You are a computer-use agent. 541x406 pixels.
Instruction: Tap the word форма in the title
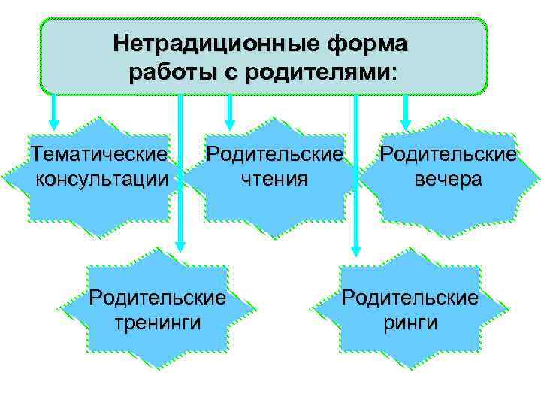coord(365,44)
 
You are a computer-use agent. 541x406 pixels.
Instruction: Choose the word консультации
coord(101,179)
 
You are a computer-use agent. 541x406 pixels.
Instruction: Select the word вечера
coord(448,179)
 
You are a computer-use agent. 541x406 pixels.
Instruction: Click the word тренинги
coord(157,322)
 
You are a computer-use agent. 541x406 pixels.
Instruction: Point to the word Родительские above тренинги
coord(157,298)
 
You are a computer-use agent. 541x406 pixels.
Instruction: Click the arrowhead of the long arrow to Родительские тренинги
coord(180,245)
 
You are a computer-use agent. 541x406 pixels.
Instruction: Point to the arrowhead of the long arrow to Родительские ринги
coord(356,245)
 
